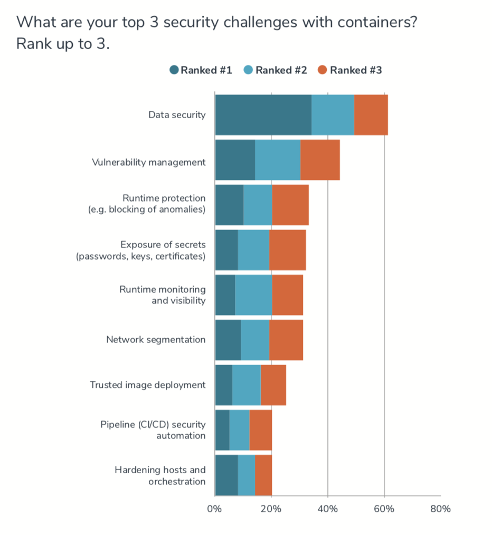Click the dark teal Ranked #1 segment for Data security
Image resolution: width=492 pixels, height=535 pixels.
pos(263,115)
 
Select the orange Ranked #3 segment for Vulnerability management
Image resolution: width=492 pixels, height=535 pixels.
pos(320,160)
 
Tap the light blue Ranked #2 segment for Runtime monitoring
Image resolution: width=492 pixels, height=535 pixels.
pos(253,295)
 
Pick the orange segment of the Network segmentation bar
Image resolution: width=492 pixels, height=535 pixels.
pos(286,340)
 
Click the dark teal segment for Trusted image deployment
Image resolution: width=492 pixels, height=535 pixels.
pos(224,385)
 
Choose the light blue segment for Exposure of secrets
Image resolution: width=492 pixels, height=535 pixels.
pos(253,250)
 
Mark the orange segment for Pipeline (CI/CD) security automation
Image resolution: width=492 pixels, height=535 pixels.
pos(260,430)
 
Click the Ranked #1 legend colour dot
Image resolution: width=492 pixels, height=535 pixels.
pos(174,70)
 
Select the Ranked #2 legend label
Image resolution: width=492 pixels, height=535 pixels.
pos(281,70)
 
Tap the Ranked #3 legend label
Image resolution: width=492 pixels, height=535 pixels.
pos(356,70)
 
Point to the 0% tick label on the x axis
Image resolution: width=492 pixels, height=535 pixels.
pos(214,509)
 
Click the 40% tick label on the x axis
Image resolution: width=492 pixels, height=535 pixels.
pos(327,509)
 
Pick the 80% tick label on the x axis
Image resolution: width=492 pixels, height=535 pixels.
pos(440,509)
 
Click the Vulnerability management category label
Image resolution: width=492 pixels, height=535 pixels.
pos(148,163)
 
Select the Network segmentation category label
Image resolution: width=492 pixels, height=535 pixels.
pos(156,340)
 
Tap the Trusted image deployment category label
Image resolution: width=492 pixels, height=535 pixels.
pos(147,385)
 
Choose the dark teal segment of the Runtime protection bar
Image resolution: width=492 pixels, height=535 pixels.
pos(229,205)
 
